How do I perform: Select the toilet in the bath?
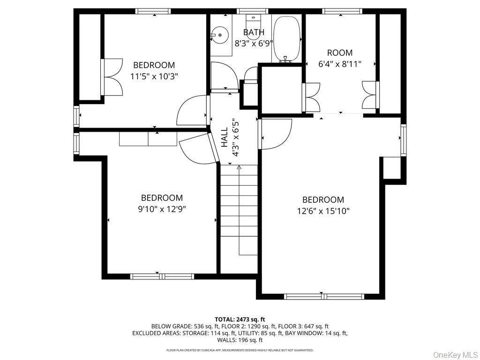point(254,30)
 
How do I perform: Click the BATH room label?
point(254,32)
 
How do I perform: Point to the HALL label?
point(225,137)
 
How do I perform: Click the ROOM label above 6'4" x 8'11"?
point(340,52)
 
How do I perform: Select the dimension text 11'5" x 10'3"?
point(154,76)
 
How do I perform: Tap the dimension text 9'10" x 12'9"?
point(162,209)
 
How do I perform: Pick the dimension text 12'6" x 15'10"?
point(323,211)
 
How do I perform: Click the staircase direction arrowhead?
point(239,167)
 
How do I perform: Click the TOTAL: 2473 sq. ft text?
point(240,320)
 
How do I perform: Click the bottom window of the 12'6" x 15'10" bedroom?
point(324,296)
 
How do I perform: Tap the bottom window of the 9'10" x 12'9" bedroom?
point(162,277)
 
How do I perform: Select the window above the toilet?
point(254,11)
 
